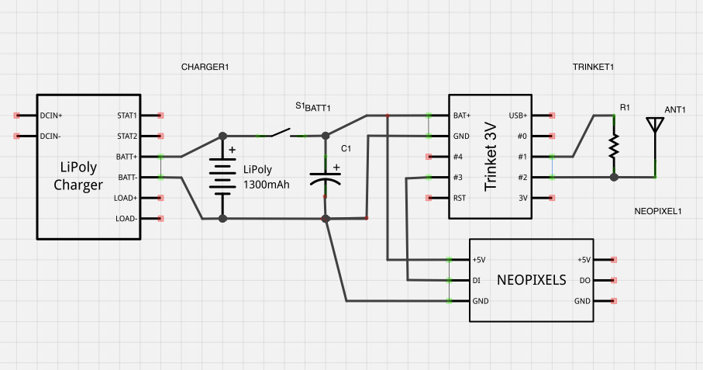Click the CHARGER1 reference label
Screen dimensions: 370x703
coord(205,67)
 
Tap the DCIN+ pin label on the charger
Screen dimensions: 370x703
coord(50,116)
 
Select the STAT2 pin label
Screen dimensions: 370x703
coord(126,137)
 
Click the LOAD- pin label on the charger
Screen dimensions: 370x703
coord(126,219)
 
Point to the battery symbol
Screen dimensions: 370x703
coord(223,177)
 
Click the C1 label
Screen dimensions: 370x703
coord(346,148)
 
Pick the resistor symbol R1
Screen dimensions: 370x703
coord(614,145)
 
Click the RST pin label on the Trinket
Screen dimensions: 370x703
coord(460,198)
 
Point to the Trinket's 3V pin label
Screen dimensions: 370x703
coord(522,198)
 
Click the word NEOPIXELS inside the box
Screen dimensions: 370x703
coord(531,279)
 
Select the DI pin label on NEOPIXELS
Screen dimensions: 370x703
coord(476,280)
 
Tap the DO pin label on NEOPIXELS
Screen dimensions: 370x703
coord(585,280)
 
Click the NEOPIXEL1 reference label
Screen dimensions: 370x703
coord(657,211)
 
